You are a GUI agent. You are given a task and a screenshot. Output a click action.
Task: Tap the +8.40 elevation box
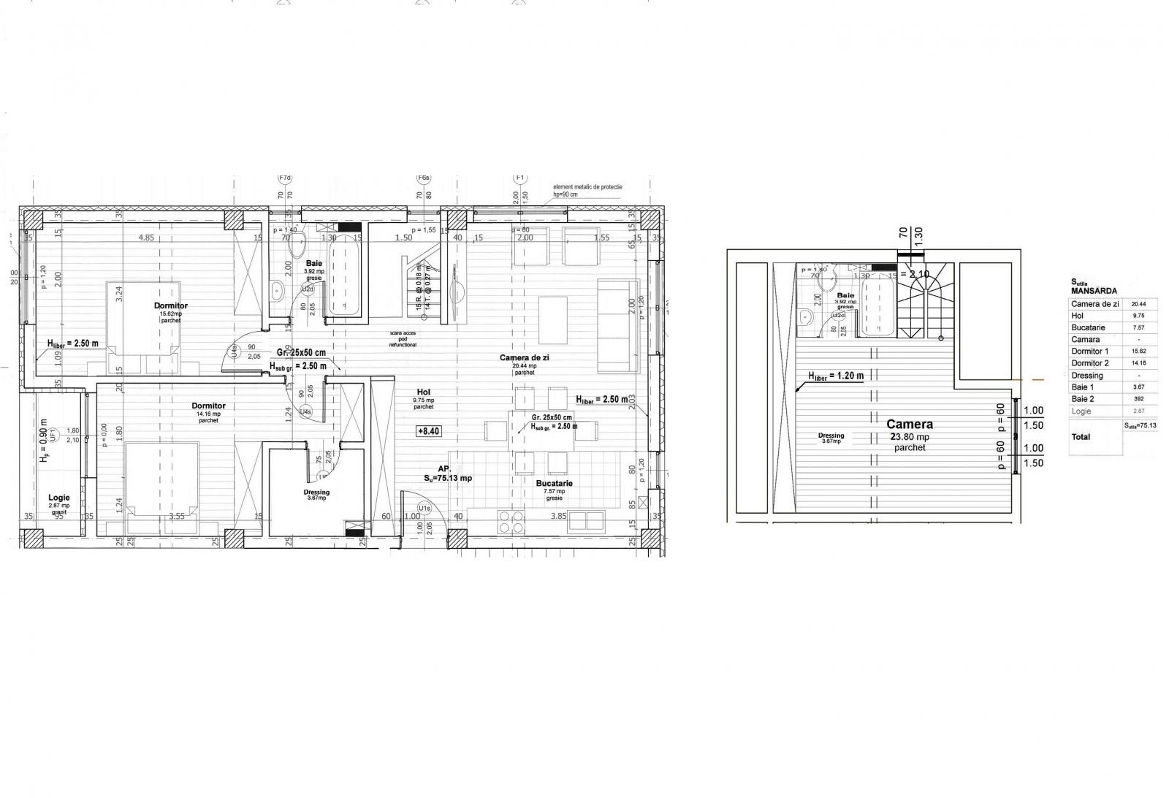point(428,431)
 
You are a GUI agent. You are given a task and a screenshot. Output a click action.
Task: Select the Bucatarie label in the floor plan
point(554,483)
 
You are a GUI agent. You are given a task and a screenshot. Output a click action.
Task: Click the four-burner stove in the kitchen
point(510,522)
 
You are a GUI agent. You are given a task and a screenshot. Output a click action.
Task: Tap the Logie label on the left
point(59,497)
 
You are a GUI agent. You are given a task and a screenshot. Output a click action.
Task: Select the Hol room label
point(424,392)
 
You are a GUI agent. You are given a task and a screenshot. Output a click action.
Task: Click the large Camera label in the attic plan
point(910,424)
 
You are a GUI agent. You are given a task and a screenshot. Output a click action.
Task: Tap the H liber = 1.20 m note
point(836,376)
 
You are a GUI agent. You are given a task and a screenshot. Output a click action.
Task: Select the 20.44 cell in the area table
point(1138,304)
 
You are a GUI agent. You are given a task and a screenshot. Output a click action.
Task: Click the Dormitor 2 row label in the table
point(1089,363)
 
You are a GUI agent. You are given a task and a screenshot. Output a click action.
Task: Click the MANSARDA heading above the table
point(1094,291)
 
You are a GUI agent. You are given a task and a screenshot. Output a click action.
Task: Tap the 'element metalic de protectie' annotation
point(588,187)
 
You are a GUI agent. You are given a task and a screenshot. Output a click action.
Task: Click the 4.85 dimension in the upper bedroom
point(146,237)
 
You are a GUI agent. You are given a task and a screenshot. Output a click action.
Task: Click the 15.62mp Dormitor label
point(171,305)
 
